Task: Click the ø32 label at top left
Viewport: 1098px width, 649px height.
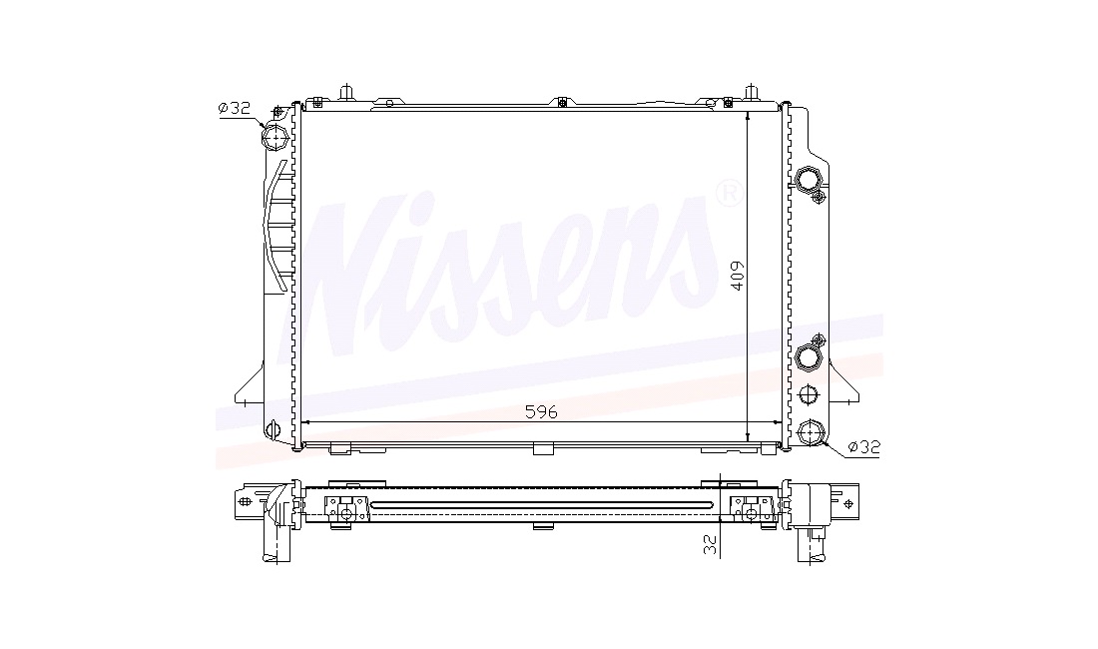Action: [234, 108]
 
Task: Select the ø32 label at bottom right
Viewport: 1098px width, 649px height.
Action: [863, 446]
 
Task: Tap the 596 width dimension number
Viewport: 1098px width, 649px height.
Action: [541, 412]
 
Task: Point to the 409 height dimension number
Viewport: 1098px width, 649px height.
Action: [736, 276]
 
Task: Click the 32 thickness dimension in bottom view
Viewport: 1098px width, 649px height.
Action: [711, 545]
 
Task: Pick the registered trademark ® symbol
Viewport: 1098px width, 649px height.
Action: [729, 194]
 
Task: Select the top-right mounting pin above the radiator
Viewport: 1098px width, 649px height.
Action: [752, 93]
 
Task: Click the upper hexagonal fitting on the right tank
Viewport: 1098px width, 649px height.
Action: [809, 179]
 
